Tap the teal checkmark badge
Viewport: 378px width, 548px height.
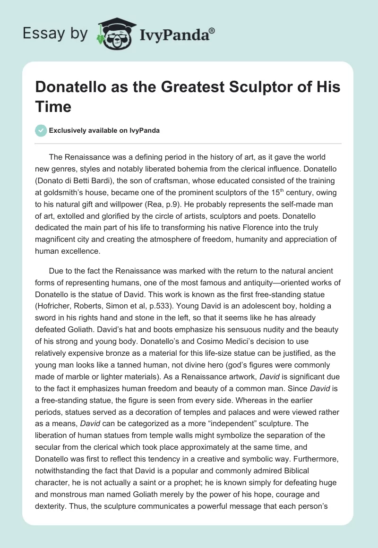coord(41,130)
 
